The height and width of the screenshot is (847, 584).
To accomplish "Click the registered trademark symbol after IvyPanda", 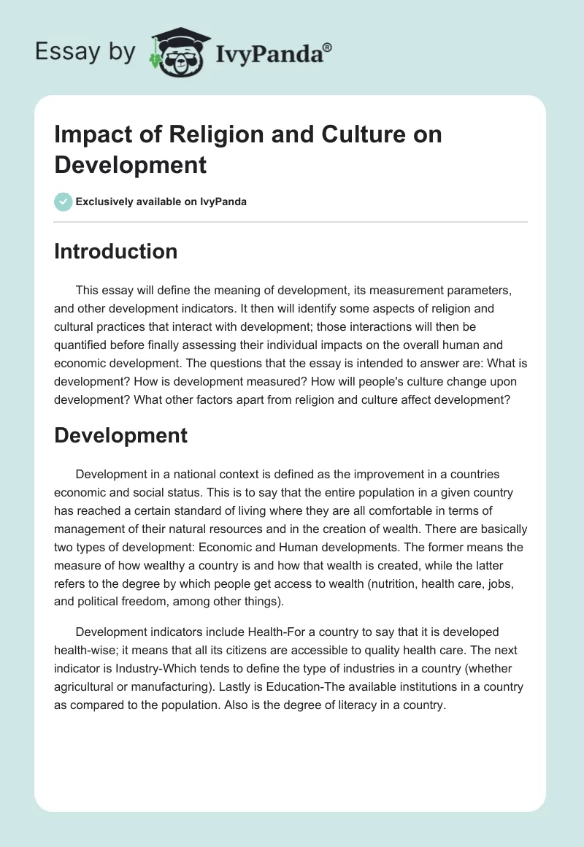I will point(328,47).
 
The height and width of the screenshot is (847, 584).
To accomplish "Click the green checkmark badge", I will point(64,202).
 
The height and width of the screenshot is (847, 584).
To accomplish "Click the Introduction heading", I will point(116,251).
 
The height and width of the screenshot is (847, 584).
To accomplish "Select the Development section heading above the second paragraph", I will point(121,435).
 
